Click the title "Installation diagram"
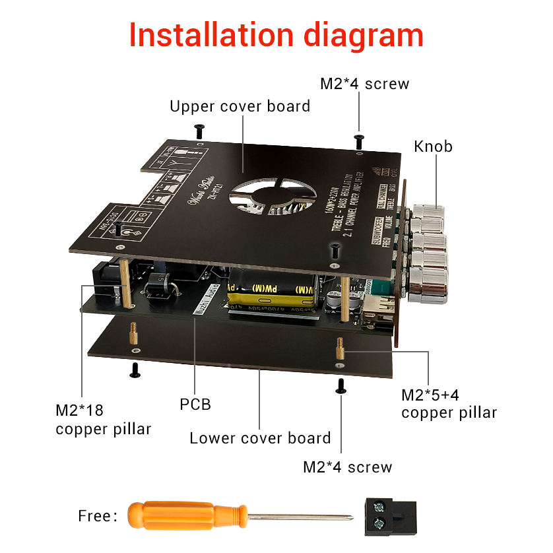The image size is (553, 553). [x=276, y=35]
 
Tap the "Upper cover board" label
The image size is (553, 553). [x=240, y=106]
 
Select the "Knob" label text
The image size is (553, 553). [x=433, y=146]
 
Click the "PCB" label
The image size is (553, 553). [x=195, y=404]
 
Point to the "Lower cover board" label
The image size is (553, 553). [x=260, y=438]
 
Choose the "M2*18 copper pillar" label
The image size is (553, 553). [x=103, y=420]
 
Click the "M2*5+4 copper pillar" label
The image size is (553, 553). [x=449, y=404]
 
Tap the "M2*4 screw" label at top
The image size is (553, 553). [x=364, y=84]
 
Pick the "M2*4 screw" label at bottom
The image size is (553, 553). [x=347, y=467]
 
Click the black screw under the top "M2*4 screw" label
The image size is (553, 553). [x=359, y=141]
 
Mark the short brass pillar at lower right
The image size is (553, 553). [x=340, y=348]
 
